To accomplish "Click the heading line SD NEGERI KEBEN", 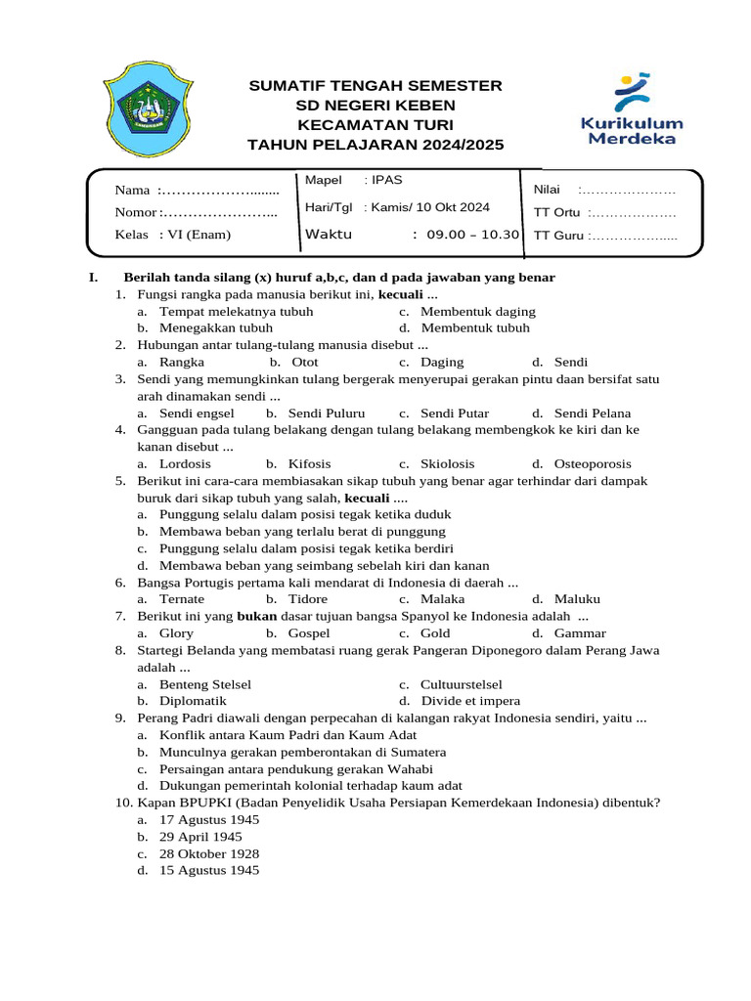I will pyautogui.click(x=375, y=106).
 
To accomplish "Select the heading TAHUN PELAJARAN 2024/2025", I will pyautogui.click(x=375, y=145).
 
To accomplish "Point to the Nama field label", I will pyautogui.click(x=132, y=190).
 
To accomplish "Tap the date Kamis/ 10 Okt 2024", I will pyautogui.click(x=429, y=207).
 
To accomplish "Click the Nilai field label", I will pyautogui.click(x=546, y=190).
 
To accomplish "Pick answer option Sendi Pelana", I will pyautogui.click(x=592, y=413).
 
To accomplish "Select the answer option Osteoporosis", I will pyautogui.click(x=592, y=464).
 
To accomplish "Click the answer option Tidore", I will pyautogui.click(x=308, y=599).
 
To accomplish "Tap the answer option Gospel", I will pyautogui.click(x=309, y=633).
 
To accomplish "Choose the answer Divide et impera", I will pyautogui.click(x=470, y=701).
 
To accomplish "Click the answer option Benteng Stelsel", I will pyautogui.click(x=205, y=684).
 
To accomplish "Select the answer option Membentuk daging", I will pyautogui.click(x=478, y=312).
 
